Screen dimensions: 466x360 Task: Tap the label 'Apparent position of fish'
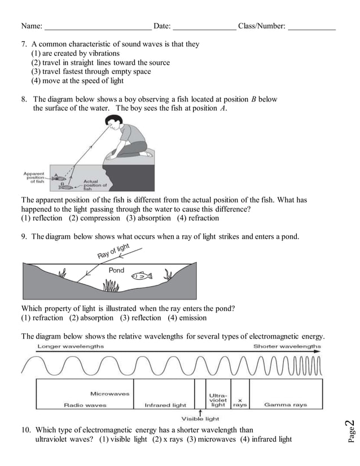34,178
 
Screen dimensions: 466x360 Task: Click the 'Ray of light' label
114,252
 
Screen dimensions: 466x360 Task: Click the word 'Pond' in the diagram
116,271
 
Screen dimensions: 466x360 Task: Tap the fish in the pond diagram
141,276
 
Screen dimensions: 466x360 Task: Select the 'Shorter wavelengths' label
287,346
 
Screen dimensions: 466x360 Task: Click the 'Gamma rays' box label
286,405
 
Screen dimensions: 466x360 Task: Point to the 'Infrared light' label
165,405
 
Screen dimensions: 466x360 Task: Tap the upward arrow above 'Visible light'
201,412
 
